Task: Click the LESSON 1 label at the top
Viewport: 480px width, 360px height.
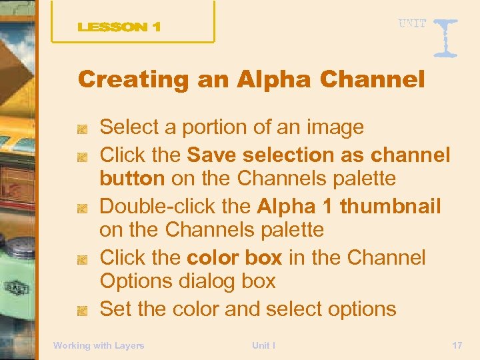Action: [119, 27]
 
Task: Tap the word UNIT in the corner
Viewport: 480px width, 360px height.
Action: [413, 24]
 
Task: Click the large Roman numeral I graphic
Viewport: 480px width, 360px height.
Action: [445, 37]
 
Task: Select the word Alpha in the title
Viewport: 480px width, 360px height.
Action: [272, 80]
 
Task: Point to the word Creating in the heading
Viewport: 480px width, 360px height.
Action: [133, 80]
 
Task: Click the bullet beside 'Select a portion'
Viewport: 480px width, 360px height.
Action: [82, 128]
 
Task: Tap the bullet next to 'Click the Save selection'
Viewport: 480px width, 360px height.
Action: [82, 157]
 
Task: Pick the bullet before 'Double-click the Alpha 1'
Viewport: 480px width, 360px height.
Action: [82, 208]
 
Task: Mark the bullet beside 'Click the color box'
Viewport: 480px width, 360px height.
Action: [82, 259]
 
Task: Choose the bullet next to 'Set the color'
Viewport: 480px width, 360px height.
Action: [82, 310]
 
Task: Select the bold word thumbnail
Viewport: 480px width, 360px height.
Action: [390, 207]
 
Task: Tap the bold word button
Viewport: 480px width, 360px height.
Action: [132, 179]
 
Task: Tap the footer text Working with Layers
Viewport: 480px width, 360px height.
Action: [99, 345]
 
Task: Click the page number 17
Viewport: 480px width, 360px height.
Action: [457, 345]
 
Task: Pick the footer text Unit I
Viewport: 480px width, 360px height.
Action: [264, 345]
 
